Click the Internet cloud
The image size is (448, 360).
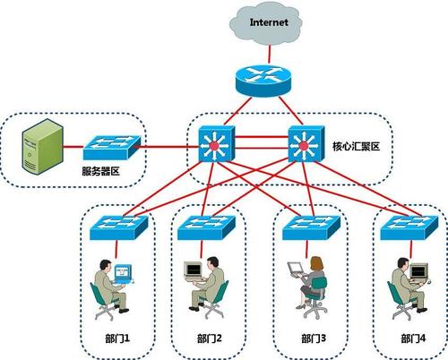[265, 23]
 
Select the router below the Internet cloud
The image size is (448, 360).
[263, 81]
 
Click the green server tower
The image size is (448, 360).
[43, 146]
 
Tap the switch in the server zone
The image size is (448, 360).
[112, 148]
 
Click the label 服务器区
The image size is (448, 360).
[100, 171]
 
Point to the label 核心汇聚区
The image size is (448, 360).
[356, 146]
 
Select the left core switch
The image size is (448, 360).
[217, 143]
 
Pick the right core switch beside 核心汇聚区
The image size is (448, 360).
[306, 144]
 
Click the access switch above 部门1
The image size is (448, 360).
[119, 227]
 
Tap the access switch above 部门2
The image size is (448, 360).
[207, 227]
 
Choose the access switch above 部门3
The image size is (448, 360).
[312, 227]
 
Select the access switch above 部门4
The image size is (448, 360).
[409, 227]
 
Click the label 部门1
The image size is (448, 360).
[117, 339]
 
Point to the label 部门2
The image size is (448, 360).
[209, 339]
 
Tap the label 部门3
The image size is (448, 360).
[314, 339]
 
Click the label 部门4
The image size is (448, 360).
[413, 339]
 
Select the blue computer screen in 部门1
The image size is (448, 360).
[123, 272]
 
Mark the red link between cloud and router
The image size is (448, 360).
[270, 55]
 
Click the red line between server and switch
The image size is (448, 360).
[73, 147]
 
